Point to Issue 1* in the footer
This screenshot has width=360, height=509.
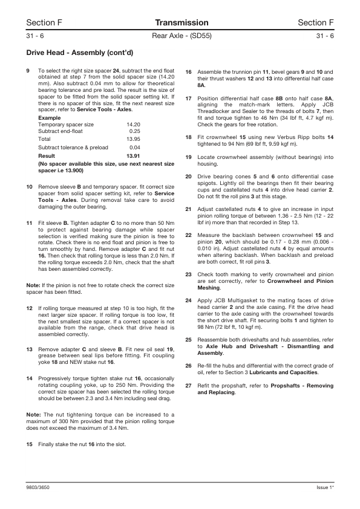(x=326, y=487)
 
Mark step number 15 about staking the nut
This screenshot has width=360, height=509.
(x=30, y=444)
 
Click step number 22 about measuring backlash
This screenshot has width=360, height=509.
(x=189, y=234)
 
